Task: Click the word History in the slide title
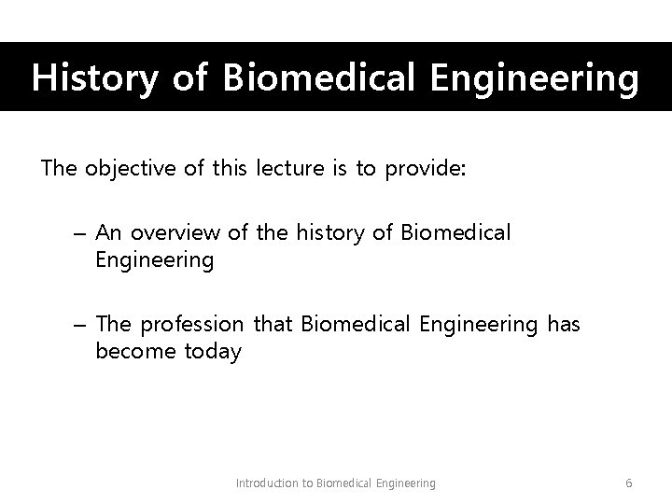pyautogui.click(x=92, y=78)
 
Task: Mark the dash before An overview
pyautogui.click(x=79, y=233)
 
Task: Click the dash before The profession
pyautogui.click(x=79, y=325)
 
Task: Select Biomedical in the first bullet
pyautogui.click(x=456, y=232)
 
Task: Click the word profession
pyautogui.click(x=192, y=324)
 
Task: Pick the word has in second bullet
pyautogui.click(x=564, y=324)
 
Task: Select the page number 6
pyautogui.click(x=629, y=483)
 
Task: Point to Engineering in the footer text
pyautogui.click(x=405, y=483)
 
